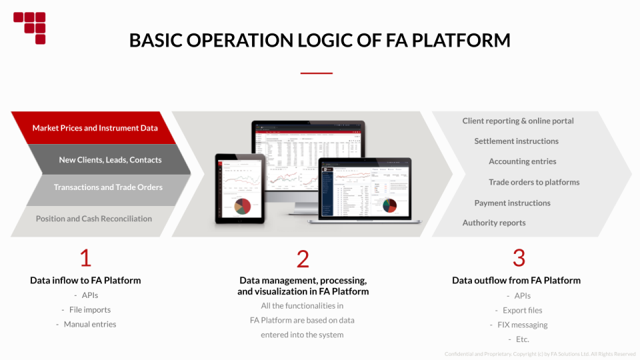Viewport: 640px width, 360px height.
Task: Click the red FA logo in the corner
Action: coord(29,27)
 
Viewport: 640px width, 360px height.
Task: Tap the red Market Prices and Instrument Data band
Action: coord(95,128)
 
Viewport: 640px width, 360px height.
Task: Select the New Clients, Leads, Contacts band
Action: coord(110,160)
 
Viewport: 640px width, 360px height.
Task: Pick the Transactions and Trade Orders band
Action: coord(108,187)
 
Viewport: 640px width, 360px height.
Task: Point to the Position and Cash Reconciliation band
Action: coord(94,219)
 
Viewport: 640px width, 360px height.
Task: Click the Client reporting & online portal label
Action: coord(518,121)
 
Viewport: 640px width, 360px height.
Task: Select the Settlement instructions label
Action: coord(516,141)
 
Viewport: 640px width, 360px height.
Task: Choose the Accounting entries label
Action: coord(522,161)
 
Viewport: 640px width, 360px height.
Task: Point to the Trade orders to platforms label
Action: coord(534,182)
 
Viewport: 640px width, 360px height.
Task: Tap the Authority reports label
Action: coord(494,223)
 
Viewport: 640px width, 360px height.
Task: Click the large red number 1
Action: coord(85,258)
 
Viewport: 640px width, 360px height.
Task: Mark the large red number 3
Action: coord(519,258)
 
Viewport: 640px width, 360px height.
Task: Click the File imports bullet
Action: coord(90,310)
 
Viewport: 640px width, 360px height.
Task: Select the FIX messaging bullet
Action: coord(523,325)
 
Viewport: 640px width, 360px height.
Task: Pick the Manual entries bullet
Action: coord(90,325)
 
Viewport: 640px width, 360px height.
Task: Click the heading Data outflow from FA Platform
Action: coord(516,281)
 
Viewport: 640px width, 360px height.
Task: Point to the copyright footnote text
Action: coord(540,354)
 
